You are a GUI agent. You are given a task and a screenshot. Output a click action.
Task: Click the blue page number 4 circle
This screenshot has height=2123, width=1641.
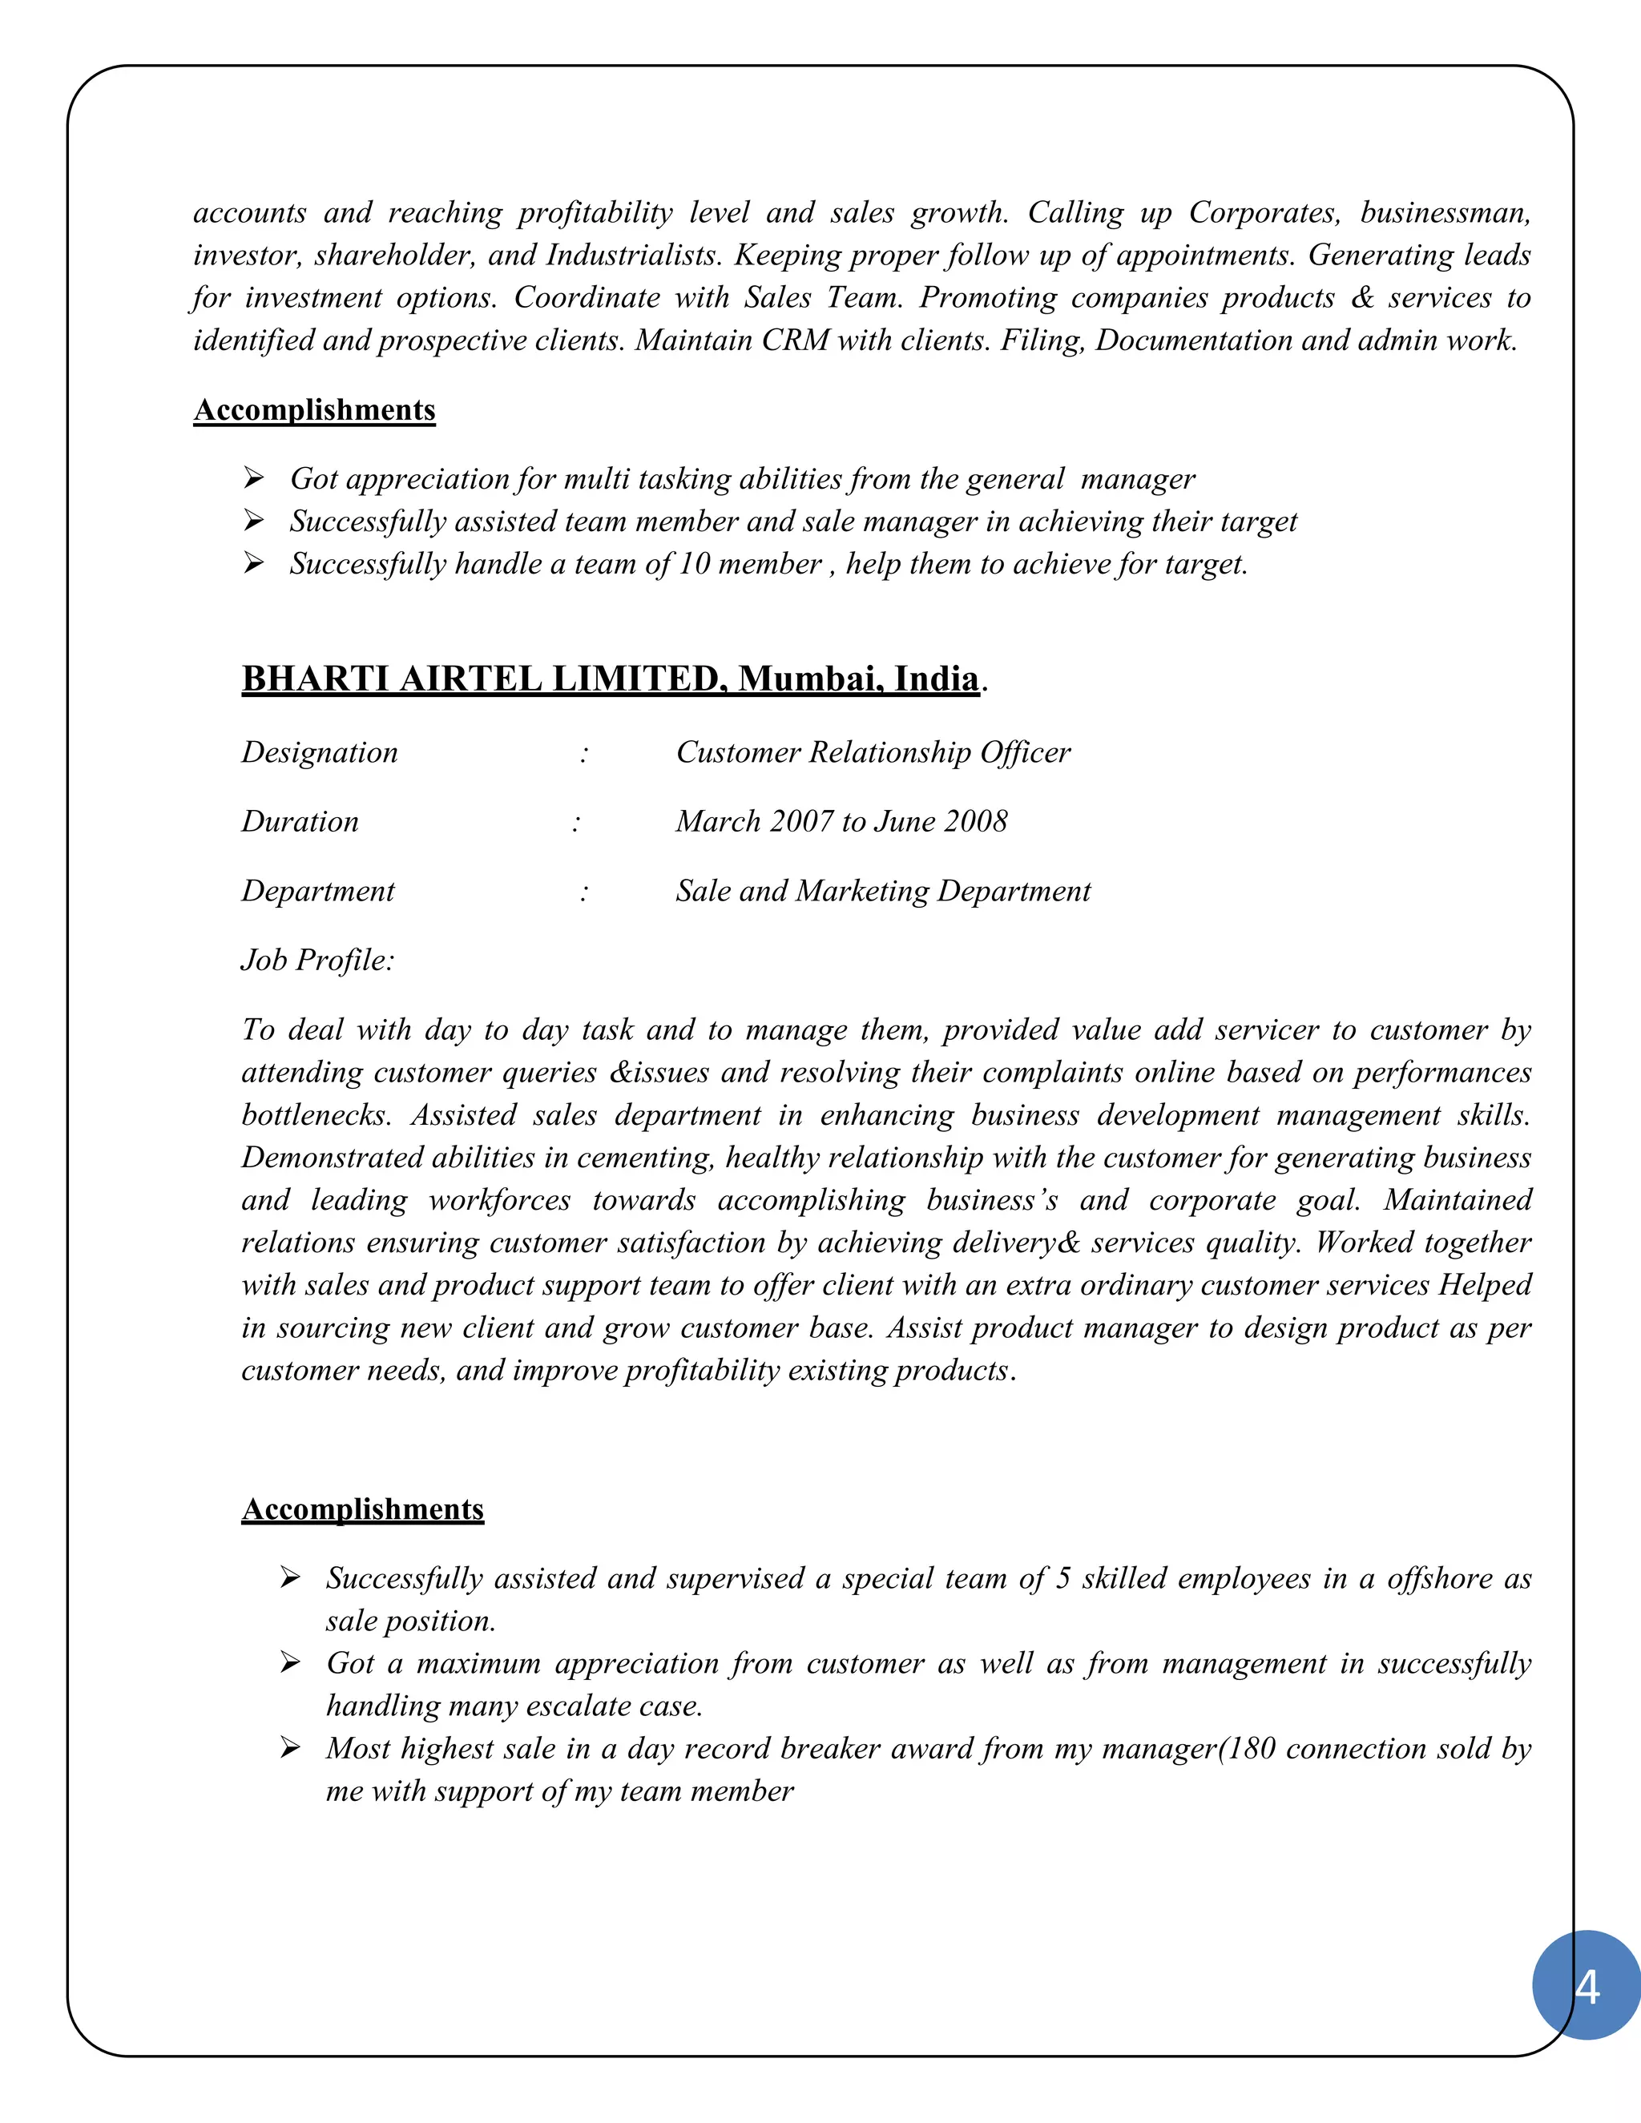[1586, 1985]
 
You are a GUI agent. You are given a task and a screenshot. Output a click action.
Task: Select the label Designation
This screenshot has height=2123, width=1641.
[319, 752]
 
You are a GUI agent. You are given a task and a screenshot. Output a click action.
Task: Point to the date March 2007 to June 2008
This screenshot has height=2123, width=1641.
[841, 821]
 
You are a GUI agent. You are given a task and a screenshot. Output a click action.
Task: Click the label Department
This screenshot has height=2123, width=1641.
[318, 892]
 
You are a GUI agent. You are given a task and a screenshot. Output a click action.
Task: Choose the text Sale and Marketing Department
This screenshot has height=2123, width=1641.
[883, 892]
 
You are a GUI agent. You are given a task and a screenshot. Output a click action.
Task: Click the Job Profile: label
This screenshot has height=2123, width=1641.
[318, 961]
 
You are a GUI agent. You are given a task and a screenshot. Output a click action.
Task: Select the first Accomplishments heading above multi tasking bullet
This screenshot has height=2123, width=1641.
[314, 410]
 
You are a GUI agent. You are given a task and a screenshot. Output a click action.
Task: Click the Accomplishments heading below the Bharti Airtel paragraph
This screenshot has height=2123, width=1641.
[363, 1509]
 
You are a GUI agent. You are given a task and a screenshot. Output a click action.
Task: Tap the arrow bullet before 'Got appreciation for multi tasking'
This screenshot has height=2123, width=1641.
[254, 477]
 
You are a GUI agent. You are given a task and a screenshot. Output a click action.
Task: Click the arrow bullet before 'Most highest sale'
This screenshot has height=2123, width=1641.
[290, 1748]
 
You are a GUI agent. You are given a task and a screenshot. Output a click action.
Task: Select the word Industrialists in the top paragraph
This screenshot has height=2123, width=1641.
[633, 256]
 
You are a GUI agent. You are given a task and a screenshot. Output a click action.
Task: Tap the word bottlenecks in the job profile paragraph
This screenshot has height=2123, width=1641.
[315, 1115]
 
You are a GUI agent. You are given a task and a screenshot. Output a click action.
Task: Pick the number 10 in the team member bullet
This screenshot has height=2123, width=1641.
[694, 564]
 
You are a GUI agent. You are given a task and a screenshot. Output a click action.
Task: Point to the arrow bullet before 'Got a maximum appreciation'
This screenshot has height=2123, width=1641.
[290, 1663]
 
